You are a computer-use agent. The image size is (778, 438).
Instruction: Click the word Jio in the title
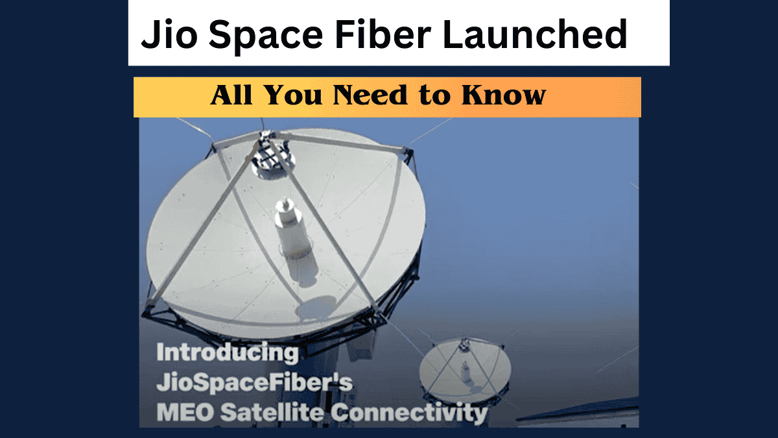167,35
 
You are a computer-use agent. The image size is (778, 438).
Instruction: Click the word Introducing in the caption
228,354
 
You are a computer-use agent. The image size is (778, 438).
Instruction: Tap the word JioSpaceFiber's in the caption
255,383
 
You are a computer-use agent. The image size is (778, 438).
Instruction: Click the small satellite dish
461,370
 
